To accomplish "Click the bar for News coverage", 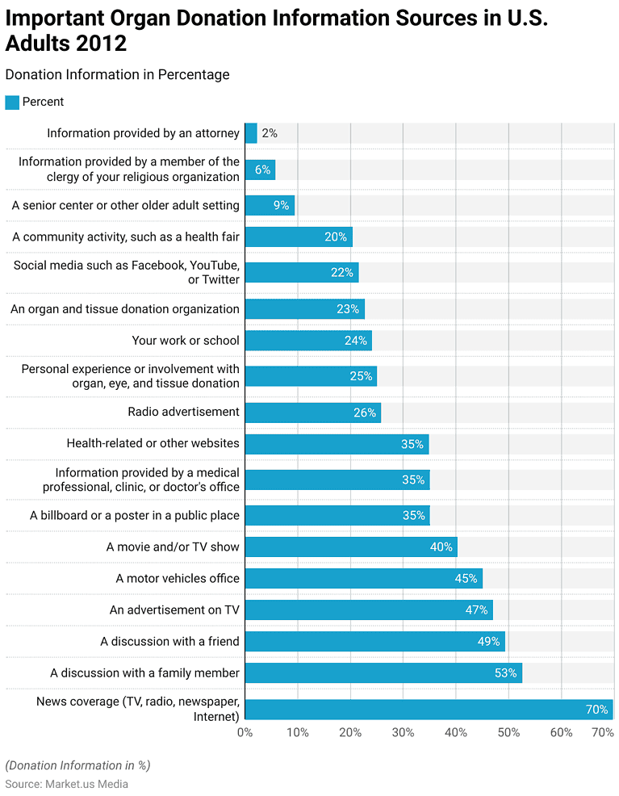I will [x=429, y=710].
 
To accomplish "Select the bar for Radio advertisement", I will [x=312, y=413].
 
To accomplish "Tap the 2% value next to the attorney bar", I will [x=270, y=133].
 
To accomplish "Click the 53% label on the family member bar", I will [x=505, y=672].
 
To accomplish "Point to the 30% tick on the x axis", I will [x=403, y=732].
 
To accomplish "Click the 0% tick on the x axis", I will [x=245, y=732].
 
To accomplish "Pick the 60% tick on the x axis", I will [x=561, y=732].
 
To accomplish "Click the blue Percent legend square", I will [x=12, y=103].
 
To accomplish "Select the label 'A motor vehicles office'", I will [x=178, y=578].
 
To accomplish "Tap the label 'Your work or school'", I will [x=186, y=341].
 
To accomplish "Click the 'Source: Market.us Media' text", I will [x=67, y=783].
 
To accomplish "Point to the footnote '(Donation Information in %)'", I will [x=77, y=765].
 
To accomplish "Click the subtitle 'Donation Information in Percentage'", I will [x=117, y=75].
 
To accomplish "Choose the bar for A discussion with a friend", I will [x=374, y=642].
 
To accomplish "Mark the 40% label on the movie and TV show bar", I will [x=441, y=547].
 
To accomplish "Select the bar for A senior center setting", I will [x=270, y=205].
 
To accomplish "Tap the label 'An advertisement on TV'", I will [x=174, y=610].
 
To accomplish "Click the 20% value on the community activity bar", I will [x=336, y=237].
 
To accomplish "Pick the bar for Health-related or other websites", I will [x=337, y=444].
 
